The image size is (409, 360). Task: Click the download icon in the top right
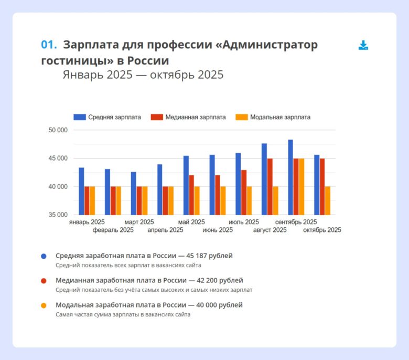(x=363, y=45)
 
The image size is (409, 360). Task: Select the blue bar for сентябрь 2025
(x=290, y=177)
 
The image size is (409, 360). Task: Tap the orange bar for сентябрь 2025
(x=302, y=186)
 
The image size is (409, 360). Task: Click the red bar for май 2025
(x=191, y=195)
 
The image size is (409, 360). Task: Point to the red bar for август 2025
(x=270, y=186)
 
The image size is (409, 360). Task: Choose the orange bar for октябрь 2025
(x=328, y=200)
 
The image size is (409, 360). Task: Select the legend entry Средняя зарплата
(x=107, y=117)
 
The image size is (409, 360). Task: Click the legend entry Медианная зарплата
(x=188, y=117)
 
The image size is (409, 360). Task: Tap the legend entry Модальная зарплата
(x=273, y=117)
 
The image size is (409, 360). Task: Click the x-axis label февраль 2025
(x=113, y=230)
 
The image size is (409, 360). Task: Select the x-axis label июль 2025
(x=244, y=222)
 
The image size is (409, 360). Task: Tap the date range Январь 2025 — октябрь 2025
(x=143, y=75)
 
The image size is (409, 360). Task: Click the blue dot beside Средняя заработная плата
(x=44, y=256)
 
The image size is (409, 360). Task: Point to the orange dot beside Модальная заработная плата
(x=44, y=305)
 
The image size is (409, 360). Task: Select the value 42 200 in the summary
(x=212, y=280)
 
